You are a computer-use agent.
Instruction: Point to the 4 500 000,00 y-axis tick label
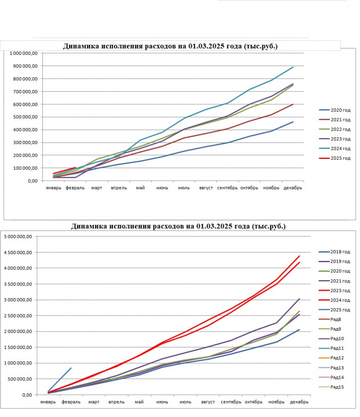click(18, 252)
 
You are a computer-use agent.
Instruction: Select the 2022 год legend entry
click(335, 129)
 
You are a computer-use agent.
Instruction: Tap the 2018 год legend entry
click(334, 252)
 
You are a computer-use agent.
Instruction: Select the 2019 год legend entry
click(334, 261)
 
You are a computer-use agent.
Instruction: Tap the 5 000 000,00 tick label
click(18, 237)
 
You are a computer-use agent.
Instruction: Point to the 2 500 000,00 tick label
click(18, 316)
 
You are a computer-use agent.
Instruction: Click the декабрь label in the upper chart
click(293, 188)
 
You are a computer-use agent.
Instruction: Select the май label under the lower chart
click(139, 402)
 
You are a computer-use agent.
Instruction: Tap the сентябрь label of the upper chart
click(227, 188)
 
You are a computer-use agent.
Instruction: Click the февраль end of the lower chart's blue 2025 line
click(71, 368)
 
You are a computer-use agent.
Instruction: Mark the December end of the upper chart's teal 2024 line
click(293, 67)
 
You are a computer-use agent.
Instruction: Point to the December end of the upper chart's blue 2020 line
click(293, 122)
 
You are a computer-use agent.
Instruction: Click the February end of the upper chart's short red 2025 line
click(75, 167)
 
